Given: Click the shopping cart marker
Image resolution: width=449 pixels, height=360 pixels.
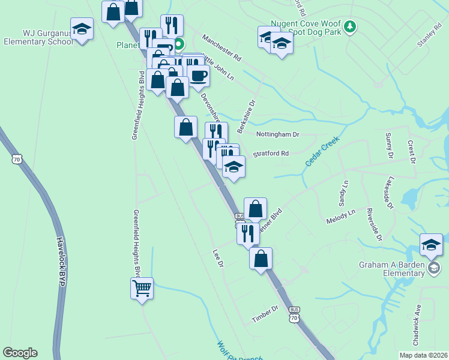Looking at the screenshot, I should click(142, 289).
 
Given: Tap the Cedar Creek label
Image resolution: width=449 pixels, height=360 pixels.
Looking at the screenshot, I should click(322, 151).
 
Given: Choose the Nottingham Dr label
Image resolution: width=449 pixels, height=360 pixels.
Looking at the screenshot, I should click(277, 134).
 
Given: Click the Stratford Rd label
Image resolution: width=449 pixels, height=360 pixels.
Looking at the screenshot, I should click(271, 154).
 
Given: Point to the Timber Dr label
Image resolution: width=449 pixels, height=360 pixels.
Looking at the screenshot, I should click(266, 313).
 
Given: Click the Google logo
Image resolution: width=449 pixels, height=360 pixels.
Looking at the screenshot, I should click(20, 353).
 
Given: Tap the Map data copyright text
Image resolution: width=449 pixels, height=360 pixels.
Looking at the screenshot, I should click(423, 355).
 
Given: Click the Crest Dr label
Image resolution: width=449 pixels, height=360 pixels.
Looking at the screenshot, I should click(412, 151).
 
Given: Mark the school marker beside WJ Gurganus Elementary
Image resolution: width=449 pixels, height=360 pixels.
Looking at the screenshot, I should click(81, 29).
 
